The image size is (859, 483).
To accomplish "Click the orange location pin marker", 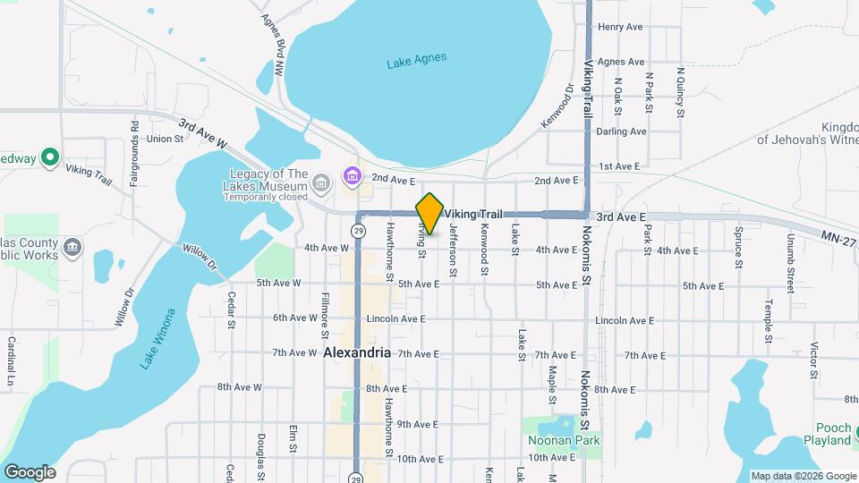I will pyautogui.click(x=429, y=213).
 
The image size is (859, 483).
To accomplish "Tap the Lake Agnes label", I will pyautogui.click(x=416, y=61).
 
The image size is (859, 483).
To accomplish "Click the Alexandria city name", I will pyautogui.click(x=357, y=352).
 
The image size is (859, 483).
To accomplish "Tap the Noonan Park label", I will pyautogui.click(x=564, y=440).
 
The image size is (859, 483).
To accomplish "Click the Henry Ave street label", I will pyautogui.click(x=620, y=27).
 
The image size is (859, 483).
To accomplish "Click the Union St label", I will pyautogui.click(x=165, y=139).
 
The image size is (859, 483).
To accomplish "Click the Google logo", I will pyautogui.click(x=30, y=471).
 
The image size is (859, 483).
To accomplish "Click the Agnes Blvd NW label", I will pyautogui.click(x=272, y=43).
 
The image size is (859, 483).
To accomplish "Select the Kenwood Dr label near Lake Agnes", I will pyautogui.click(x=556, y=106).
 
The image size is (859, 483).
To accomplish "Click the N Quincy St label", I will pyautogui.click(x=680, y=93).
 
